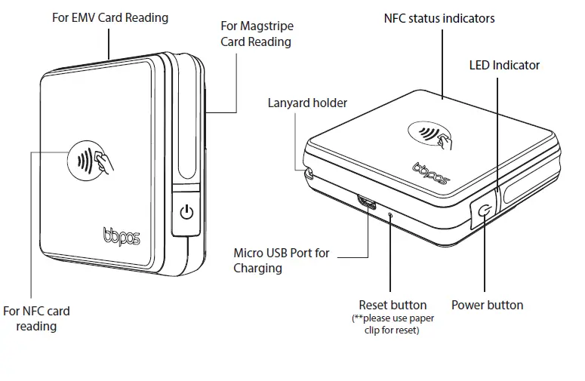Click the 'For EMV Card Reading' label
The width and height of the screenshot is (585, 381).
(x=109, y=17)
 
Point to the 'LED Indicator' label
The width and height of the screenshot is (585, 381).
(x=504, y=65)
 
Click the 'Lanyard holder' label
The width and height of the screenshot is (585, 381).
(x=307, y=103)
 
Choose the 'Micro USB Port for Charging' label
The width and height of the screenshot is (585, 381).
(x=282, y=260)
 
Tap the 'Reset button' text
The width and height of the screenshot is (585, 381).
(x=393, y=306)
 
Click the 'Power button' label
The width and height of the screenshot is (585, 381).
(x=487, y=306)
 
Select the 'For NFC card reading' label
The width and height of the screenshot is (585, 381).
(x=36, y=318)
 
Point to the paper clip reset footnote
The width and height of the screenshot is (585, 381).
(x=393, y=324)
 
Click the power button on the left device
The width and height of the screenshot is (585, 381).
(x=186, y=213)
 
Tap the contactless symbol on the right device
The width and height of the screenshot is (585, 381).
(x=433, y=137)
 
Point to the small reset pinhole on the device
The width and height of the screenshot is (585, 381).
(x=390, y=214)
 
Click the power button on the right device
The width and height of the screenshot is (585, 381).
(x=483, y=212)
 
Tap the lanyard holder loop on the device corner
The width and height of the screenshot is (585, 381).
(x=308, y=173)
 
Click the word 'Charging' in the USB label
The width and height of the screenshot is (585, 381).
(x=257, y=268)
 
